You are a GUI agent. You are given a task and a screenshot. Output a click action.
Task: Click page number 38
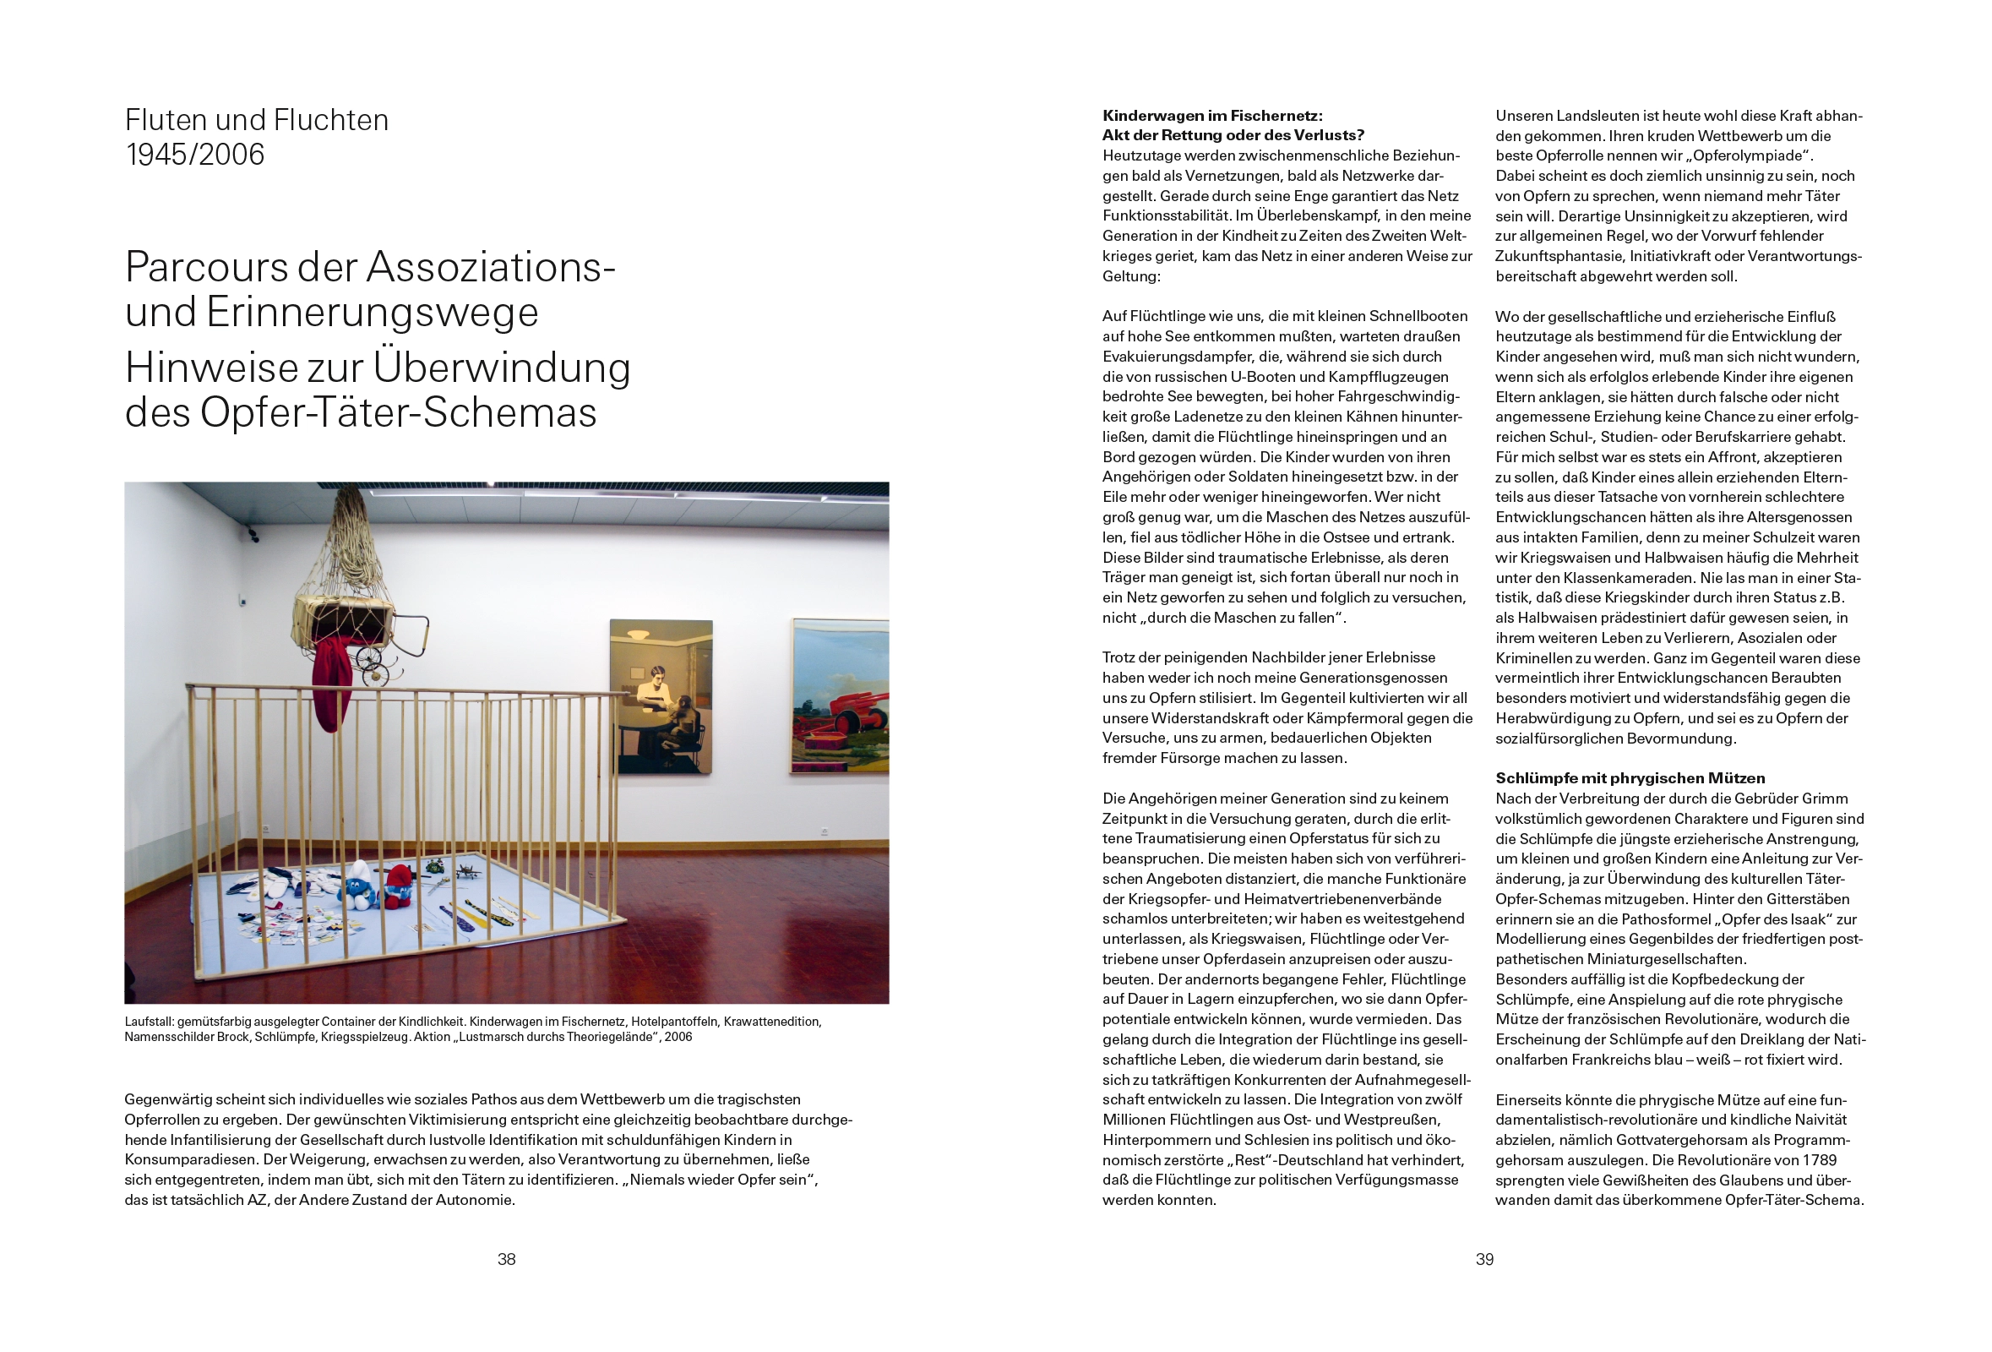click(507, 1259)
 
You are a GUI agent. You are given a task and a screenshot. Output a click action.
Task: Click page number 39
click(1484, 1259)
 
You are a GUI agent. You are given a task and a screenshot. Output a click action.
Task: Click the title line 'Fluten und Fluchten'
click(256, 120)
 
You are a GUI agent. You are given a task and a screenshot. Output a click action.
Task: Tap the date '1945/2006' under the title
click(194, 155)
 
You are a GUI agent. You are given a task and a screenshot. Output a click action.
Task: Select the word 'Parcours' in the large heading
click(206, 268)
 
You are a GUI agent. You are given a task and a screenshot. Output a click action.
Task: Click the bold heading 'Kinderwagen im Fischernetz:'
click(1212, 116)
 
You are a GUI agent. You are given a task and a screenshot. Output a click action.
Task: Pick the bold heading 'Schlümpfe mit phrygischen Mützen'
click(1630, 778)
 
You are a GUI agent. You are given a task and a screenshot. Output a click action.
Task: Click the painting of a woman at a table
click(661, 696)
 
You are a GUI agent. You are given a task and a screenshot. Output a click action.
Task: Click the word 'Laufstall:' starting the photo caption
click(150, 1022)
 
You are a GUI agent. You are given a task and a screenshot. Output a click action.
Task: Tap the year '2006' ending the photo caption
click(678, 1038)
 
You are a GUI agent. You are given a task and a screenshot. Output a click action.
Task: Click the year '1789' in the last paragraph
click(1817, 1160)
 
